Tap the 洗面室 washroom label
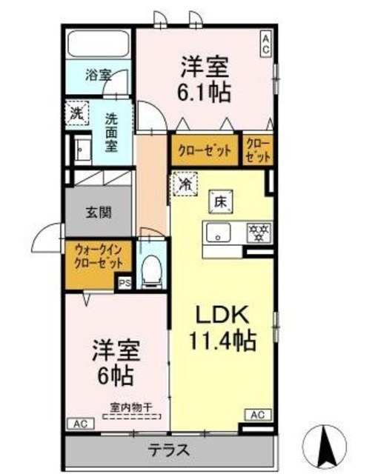(x=110, y=131)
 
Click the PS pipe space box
(x=124, y=281)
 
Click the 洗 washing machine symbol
(x=77, y=113)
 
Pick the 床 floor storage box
(x=220, y=198)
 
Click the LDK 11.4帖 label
(x=225, y=327)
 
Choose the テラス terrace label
(x=168, y=450)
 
